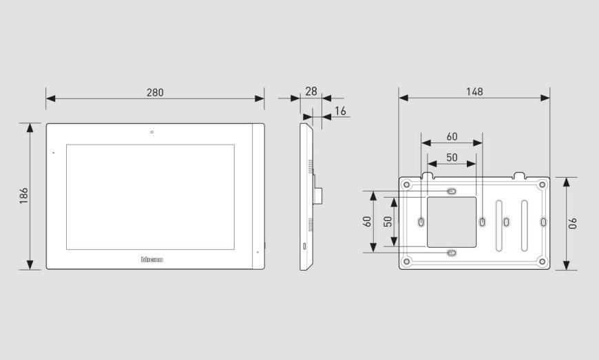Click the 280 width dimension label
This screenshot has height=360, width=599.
click(x=155, y=92)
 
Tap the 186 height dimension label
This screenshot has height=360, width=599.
click(x=24, y=196)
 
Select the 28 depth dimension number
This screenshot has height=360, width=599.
click(x=311, y=91)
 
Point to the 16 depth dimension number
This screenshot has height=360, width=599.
click(x=340, y=111)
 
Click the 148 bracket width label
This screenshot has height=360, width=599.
click(x=474, y=91)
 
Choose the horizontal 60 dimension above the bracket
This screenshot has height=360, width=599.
click(x=452, y=137)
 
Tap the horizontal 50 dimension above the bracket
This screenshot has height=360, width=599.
click(x=452, y=158)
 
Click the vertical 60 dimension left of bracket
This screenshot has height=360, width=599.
click(x=367, y=222)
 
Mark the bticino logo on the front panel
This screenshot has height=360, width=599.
click(x=152, y=260)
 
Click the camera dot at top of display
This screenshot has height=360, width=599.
click(x=152, y=131)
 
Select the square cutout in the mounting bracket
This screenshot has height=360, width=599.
click(x=451, y=222)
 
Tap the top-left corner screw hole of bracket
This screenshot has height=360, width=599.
click(x=407, y=184)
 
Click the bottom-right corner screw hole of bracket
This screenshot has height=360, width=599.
click(x=542, y=261)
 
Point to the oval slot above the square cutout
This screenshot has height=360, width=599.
click(x=451, y=191)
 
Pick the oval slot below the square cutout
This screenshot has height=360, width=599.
click(x=451, y=253)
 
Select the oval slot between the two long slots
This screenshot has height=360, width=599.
click(x=507, y=222)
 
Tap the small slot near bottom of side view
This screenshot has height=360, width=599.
click(x=305, y=245)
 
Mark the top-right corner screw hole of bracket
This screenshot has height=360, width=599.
click(x=542, y=184)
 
